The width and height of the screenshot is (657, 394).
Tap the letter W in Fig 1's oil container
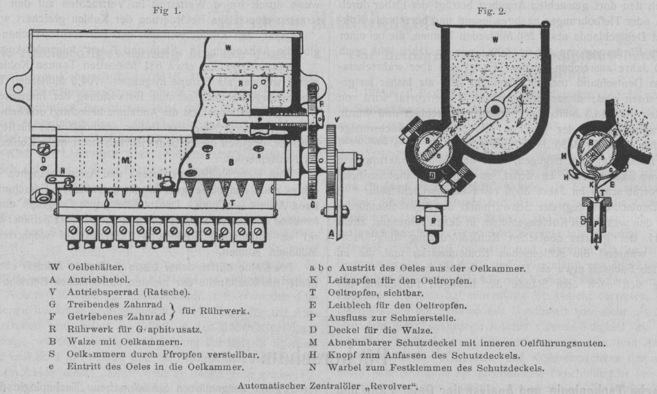(228, 48)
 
